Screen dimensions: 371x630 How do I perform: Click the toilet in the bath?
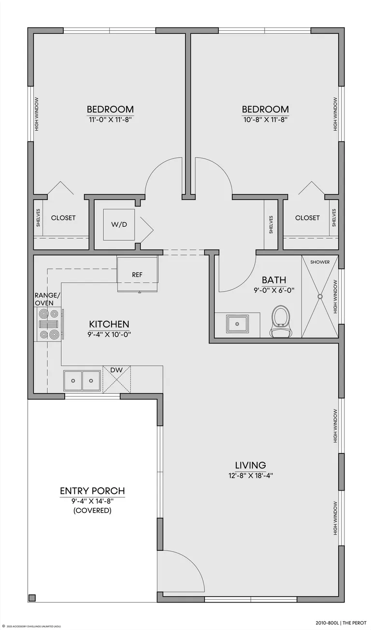[x=280, y=321]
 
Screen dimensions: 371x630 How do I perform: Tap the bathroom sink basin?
[x=237, y=324]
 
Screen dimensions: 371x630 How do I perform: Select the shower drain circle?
[x=320, y=296]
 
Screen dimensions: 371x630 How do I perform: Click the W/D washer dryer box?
[x=119, y=224]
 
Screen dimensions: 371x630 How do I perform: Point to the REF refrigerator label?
[x=137, y=274]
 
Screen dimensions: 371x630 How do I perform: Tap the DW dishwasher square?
[x=116, y=379]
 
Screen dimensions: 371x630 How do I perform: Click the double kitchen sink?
[x=82, y=381]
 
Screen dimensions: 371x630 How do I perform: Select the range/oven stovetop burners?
[x=49, y=324]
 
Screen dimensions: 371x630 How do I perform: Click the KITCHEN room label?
[x=109, y=324]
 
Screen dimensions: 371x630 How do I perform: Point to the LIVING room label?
[x=250, y=465]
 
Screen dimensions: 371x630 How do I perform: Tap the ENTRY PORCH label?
[x=92, y=491]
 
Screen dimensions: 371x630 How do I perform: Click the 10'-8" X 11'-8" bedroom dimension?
[x=265, y=120]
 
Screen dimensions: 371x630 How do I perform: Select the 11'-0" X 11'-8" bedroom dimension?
[x=111, y=120]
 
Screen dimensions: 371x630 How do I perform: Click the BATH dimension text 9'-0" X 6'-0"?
[x=274, y=290]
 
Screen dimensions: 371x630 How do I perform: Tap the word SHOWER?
[x=320, y=262]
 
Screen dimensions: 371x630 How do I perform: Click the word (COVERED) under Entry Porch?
[x=92, y=510]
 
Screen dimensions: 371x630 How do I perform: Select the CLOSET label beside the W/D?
[x=63, y=218]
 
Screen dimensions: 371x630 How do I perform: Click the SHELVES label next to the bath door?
[x=271, y=225]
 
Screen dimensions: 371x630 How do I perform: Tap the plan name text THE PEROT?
[x=355, y=623]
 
